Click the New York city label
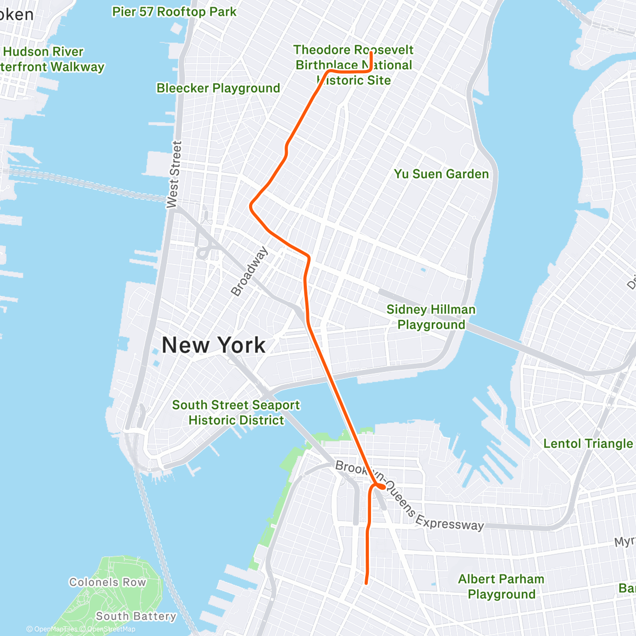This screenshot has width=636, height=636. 214,345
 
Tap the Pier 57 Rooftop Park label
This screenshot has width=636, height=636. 174,12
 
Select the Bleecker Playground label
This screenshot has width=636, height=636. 218,88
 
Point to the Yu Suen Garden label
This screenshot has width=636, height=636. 441,174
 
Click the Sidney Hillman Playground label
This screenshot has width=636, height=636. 431,317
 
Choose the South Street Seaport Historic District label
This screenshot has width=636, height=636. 236,412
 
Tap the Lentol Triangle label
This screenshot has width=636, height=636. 588,444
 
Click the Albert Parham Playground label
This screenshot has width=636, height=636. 501,586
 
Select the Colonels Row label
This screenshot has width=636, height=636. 108,582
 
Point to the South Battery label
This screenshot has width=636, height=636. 136,616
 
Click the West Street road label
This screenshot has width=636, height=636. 174,174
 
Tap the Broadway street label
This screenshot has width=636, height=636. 249,271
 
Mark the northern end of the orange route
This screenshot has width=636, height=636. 371,52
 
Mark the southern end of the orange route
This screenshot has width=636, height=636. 366,583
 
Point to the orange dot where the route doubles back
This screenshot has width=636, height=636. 381,486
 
